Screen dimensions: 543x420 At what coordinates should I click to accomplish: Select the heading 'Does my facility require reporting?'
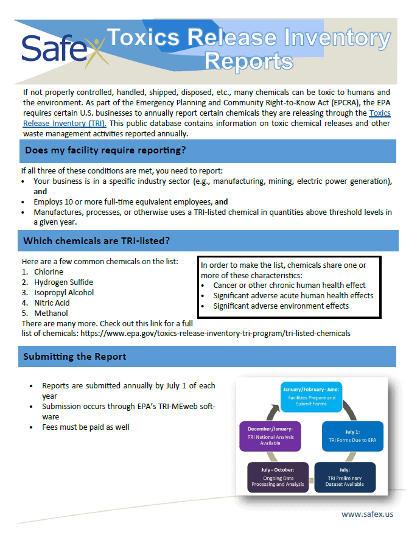click(105, 150)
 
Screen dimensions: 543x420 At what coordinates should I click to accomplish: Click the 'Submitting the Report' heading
click(75, 357)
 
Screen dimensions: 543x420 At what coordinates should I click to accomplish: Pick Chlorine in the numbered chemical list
click(49, 272)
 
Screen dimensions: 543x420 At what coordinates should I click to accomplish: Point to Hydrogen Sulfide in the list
click(63, 282)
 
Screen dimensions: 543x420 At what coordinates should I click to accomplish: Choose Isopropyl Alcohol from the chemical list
click(64, 293)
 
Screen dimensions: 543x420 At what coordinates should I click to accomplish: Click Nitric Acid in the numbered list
click(52, 303)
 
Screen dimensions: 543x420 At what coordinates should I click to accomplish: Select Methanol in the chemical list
click(51, 314)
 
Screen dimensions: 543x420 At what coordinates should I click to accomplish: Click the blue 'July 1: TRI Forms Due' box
click(353, 435)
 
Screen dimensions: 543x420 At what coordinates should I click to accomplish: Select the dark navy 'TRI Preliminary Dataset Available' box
click(345, 477)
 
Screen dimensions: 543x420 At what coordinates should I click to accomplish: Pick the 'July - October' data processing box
click(278, 477)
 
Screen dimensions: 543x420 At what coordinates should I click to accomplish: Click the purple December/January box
click(270, 436)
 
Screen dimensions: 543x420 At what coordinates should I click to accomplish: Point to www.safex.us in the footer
click(367, 514)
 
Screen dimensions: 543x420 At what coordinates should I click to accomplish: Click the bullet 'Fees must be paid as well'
click(86, 427)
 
